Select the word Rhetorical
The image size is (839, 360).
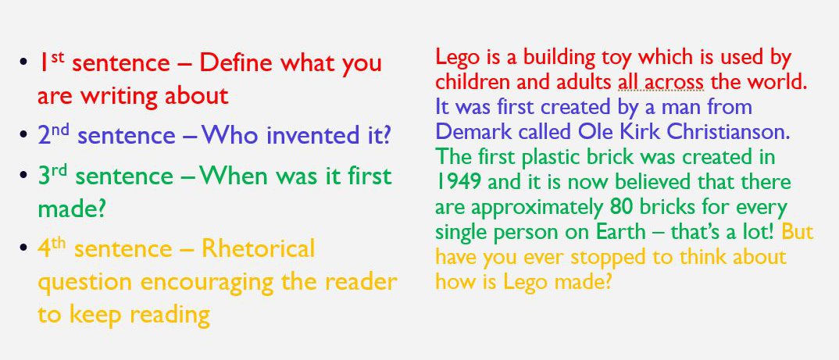pos(258,249)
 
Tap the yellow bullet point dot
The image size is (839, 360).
pos(26,249)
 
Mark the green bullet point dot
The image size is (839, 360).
pos(26,176)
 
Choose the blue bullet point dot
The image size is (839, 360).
pos(26,136)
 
